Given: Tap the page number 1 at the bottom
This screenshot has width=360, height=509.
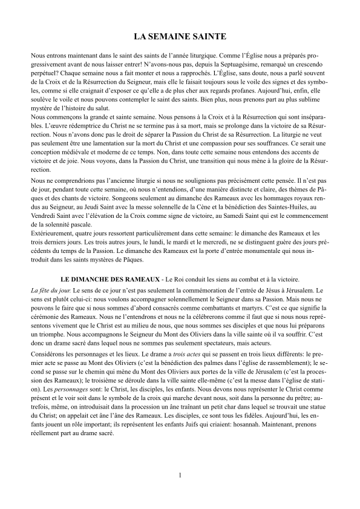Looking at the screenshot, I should [180, 475].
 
